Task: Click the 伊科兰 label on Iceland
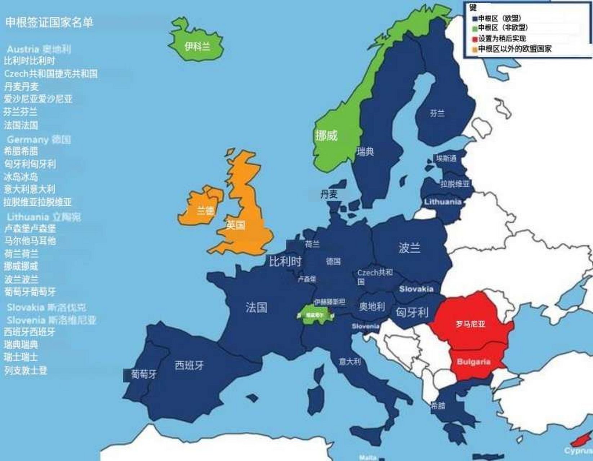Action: point(197,47)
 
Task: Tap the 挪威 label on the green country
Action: point(326,136)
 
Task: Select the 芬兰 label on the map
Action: point(437,114)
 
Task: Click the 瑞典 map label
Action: point(365,152)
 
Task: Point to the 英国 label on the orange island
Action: point(236,225)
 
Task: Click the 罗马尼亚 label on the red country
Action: point(471,324)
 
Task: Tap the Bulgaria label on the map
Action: point(473,362)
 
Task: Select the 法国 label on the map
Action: point(256,307)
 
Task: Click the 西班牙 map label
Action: point(189,366)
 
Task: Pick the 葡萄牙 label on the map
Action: point(143,375)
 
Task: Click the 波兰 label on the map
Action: point(409,248)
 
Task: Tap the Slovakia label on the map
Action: point(416,289)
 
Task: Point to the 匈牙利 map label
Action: point(412,312)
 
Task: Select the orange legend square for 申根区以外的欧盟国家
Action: point(475,49)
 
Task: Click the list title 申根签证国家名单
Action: point(49,22)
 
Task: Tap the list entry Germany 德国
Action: point(39,139)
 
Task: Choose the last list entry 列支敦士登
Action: point(26,370)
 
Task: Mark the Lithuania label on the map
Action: point(442,202)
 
